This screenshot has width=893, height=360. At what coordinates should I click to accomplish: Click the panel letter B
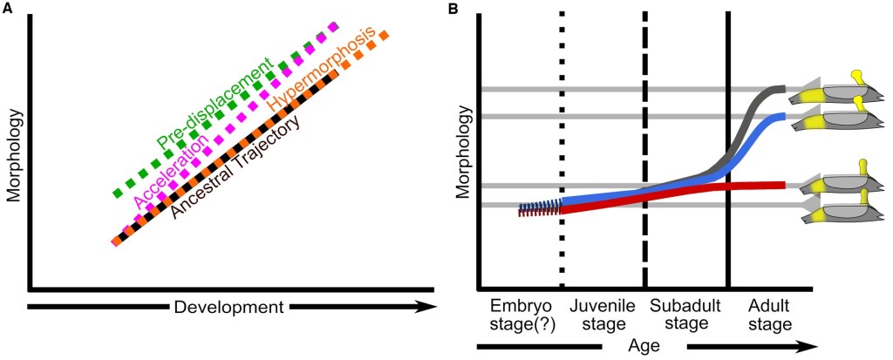tap(453, 8)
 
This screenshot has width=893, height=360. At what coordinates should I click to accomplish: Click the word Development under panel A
tap(228, 307)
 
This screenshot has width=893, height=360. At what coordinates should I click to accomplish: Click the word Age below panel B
tap(644, 345)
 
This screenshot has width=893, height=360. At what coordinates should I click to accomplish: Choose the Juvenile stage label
tap(600, 316)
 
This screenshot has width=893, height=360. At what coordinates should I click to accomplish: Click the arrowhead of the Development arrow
tap(426, 307)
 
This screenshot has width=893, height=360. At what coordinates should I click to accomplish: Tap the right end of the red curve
tap(784, 184)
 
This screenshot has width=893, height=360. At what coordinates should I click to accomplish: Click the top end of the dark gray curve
tap(784, 89)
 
